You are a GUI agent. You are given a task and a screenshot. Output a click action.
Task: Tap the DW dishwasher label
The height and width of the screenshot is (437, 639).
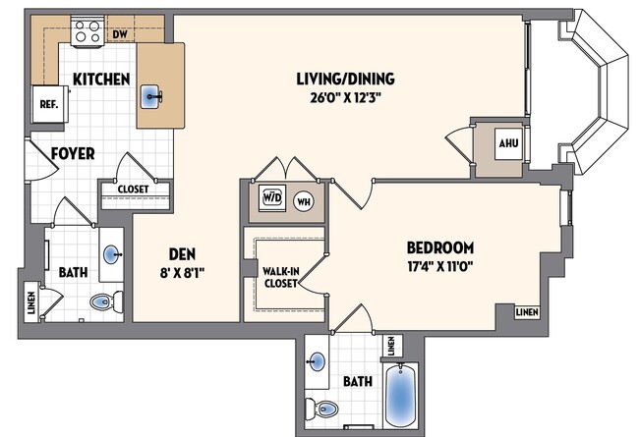point(120,34)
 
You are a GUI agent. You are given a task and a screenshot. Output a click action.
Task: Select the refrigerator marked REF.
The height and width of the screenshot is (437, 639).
point(47,103)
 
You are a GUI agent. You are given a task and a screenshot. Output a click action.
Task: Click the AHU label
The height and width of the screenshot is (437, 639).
point(507,143)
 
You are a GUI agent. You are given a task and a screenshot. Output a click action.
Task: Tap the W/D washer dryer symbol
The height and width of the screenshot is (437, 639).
point(270,197)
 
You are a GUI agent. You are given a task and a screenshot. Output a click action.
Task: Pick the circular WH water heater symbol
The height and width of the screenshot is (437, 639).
point(302,198)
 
